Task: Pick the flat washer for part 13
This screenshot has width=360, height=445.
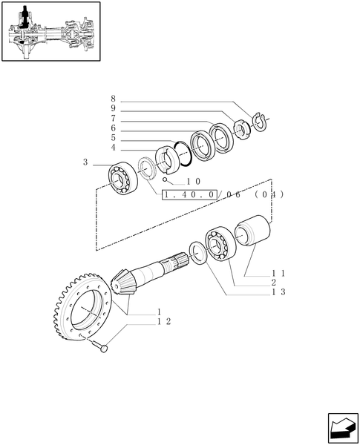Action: pos(197,254)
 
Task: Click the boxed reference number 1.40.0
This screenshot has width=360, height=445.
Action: pos(189,194)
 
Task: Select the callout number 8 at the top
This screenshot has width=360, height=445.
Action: pos(113,99)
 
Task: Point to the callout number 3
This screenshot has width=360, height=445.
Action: pos(86,162)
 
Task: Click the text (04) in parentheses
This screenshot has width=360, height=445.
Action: pos(268,194)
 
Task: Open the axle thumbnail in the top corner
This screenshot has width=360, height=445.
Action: pos(50,33)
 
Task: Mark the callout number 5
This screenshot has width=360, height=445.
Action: pos(113,137)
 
